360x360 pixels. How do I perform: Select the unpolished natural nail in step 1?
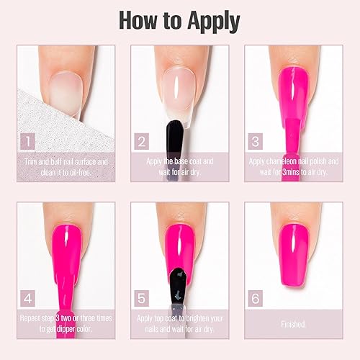click(63, 92)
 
